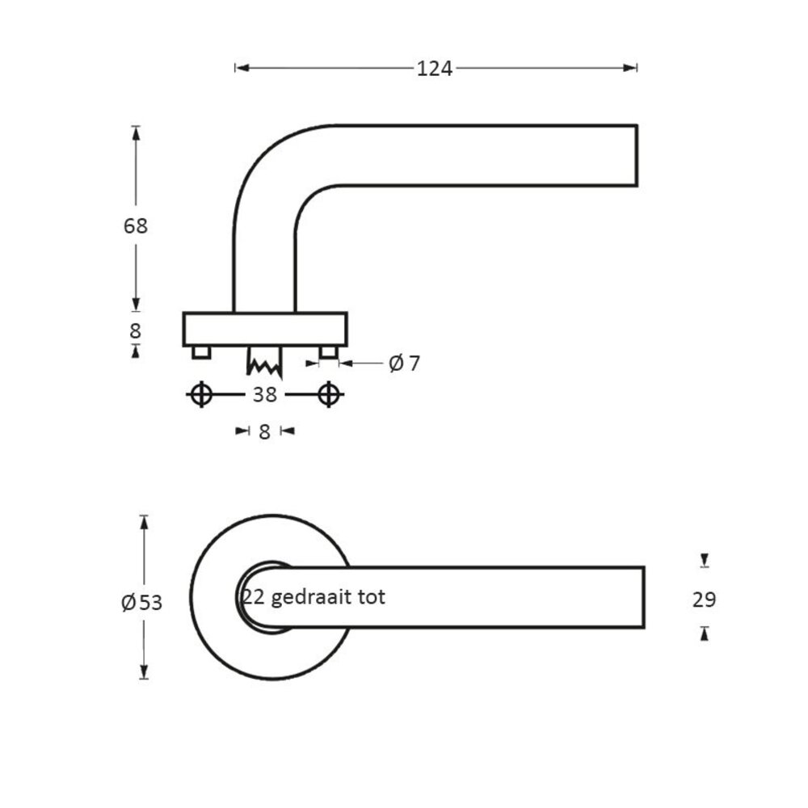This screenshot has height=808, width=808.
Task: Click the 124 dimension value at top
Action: (435, 69)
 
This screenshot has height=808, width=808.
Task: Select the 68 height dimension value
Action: (136, 226)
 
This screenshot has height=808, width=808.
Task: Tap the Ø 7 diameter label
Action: (404, 364)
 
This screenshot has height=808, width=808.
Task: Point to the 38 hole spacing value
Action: (264, 394)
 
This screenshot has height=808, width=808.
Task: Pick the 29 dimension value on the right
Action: (705, 600)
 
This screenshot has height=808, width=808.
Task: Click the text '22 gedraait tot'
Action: (314, 597)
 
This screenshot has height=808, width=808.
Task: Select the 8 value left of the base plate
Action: (136, 330)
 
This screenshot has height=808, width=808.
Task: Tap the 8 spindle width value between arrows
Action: (264, 431)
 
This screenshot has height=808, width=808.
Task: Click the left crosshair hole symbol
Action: (201, 394)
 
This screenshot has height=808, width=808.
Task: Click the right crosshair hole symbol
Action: (328, 394)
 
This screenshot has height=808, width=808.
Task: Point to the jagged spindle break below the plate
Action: (264, 364)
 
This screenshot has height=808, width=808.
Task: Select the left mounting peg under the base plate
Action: (201, 352)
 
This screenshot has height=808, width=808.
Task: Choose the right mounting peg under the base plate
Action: (328, 352)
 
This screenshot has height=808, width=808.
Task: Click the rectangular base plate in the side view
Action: (264, 329)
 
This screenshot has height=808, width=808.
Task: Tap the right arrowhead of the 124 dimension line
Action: (632, 69)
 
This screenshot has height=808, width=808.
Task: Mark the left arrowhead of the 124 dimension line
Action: (241, 69)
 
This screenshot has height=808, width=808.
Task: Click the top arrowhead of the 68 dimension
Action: (136, 132)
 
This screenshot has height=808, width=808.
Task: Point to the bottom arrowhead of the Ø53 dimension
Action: (144, 672)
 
